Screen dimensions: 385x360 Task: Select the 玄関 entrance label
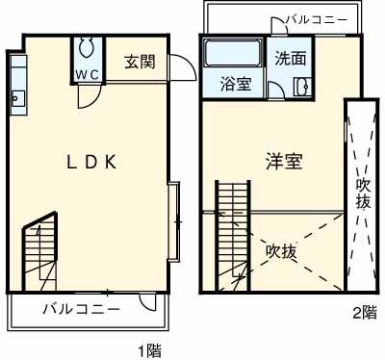(139, 63)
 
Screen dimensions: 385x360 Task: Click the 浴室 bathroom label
(236, 84)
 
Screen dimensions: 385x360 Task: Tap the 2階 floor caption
(363, 312)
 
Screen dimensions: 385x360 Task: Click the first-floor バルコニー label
(81, 310)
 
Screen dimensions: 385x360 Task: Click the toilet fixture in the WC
(87, 48)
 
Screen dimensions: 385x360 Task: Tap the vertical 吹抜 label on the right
(363, 193)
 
